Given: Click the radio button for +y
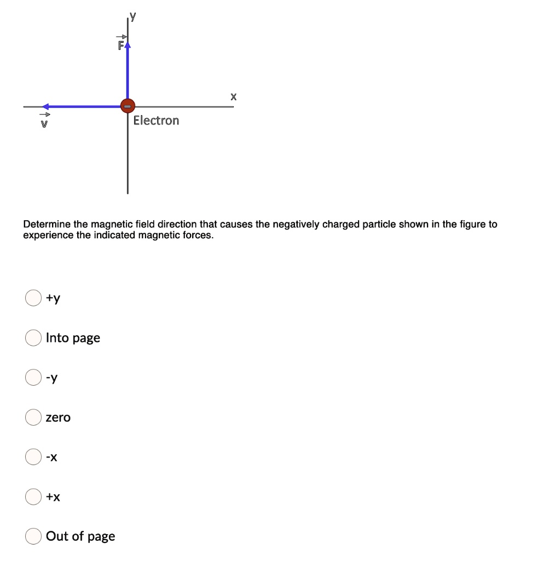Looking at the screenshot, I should pos(33,298).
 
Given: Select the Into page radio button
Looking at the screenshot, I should pos(33,338).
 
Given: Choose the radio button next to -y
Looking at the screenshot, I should pos(33,377).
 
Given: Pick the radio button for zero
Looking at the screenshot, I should pos(33,417).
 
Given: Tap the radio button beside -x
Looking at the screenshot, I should pos(33,457).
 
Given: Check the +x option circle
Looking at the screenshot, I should pos(33,496).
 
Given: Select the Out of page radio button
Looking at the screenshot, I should pos(33,536).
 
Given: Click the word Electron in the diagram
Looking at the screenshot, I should pos(156,121).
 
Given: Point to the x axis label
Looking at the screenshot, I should pos(233,96).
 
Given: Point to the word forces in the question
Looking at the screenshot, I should pos(200,236).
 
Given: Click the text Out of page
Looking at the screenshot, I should pos(80,536).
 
